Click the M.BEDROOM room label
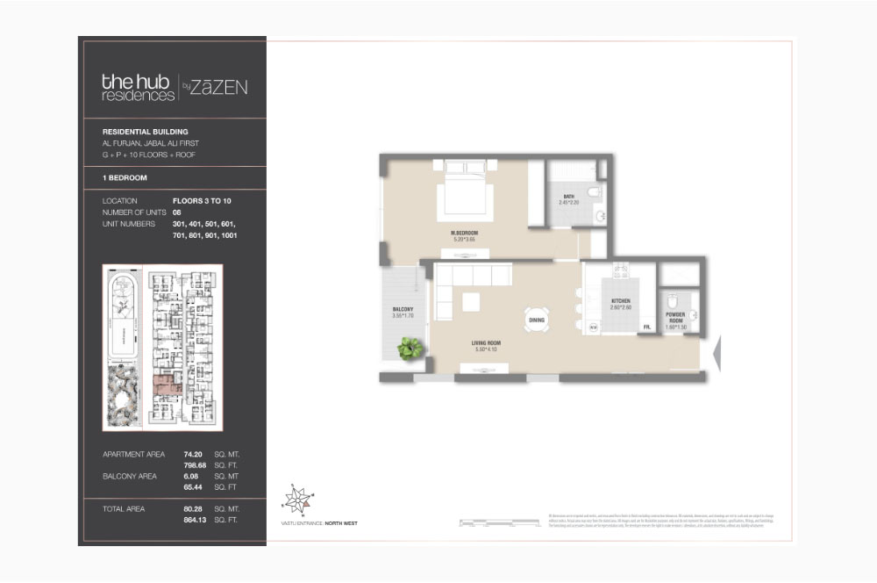pyautogui.click(x=464, y=233)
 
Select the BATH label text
pyautogui.click(x=569, y=197)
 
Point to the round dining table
pyautogui.click(x=537, y=320)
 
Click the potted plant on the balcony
pyautogui.click(x=410, y=349)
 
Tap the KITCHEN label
pyautogui.click(x=622, y=301)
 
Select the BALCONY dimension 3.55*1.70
pyautogui.click(x=403, y=317)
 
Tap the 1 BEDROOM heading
pyautogui.click(x=125, y=178)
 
